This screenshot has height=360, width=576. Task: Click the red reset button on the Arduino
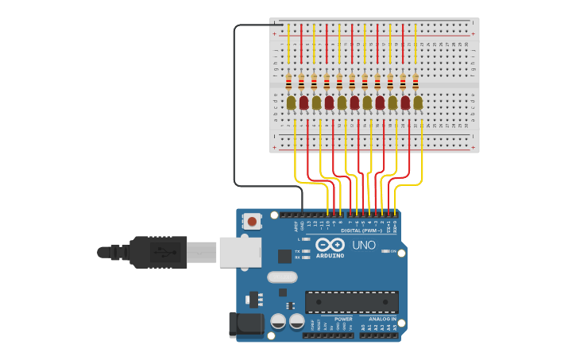[252, 221]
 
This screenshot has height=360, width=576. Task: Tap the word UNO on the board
[364, 245]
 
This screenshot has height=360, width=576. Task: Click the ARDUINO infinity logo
[330, 246]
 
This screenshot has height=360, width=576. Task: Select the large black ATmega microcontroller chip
[352, 302]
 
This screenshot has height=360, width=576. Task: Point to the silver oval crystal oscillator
[282, 277]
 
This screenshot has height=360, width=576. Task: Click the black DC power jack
[246, 323]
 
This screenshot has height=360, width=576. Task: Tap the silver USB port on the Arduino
[241, 251]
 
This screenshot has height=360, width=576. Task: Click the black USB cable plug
[158, 252]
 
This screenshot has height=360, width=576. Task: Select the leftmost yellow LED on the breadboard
[291, 102]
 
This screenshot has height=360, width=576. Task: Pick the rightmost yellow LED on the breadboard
[418, 102]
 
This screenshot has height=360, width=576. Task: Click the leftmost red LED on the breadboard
[303, 102]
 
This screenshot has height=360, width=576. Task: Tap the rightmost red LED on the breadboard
[405, 102]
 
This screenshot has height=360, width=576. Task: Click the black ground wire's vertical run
[234, 103]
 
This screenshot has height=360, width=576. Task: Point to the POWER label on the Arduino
[343, 319]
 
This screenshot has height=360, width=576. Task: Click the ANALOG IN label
[384, 319]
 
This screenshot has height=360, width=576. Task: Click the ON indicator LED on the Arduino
[385, 251]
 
